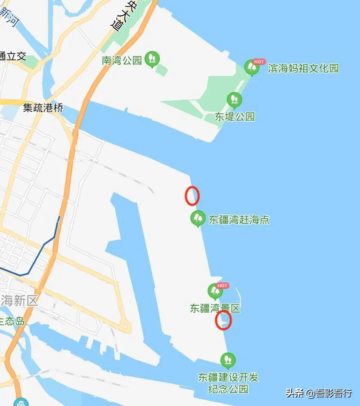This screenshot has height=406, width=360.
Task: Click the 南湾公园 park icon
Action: (x=152, y=59)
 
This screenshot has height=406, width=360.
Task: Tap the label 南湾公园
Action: (x=122, y=60)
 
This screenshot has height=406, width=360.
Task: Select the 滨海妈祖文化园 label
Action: (x=303, y=68)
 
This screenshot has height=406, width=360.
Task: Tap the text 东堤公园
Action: (x=235, y=117)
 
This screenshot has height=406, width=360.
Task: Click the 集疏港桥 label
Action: (x=43, y=108)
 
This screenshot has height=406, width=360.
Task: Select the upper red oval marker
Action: (x=192, y=196)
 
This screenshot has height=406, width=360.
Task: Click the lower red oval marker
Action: (x=223, y=320)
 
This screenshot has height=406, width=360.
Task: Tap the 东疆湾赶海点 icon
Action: (x=197, y=218)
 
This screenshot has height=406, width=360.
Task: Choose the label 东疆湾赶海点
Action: (x=239, y=220)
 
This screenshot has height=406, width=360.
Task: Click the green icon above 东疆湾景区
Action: (x=215, y=291)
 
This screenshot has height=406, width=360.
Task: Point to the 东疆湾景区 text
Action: (x=215, y=308)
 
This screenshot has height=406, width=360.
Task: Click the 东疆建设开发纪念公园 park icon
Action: (x=228, y=360)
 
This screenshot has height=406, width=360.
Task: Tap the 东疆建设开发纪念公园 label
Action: (x=228, y=383)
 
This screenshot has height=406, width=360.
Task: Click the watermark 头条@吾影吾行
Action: (x=319, y=393)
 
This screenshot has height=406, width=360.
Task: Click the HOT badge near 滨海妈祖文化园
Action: (x=259, y=62)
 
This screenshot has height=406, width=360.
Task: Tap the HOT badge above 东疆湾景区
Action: (x=222, y=285)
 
